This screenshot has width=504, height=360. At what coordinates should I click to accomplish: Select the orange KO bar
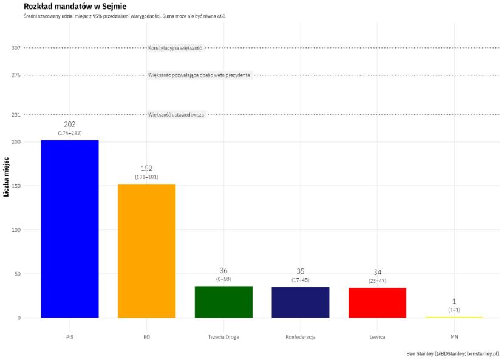146,250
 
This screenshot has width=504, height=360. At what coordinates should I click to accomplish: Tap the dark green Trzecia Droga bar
223,302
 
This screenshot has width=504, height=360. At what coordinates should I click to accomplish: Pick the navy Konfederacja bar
301,302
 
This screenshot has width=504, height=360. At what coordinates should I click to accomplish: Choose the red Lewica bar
377,302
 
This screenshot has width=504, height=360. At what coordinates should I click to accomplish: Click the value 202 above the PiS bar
70,124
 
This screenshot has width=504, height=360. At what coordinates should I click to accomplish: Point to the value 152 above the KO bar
146,168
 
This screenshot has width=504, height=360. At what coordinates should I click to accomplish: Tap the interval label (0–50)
223,279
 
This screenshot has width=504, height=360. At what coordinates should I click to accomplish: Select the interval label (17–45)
301,280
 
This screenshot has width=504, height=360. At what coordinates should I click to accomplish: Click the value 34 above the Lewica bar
377,272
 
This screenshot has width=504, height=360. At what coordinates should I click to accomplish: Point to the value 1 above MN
454,302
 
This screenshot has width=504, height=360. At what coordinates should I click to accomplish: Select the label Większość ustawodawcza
176,115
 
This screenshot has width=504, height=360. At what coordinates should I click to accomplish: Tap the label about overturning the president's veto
199,75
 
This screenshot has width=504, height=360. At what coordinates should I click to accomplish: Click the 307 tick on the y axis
16,48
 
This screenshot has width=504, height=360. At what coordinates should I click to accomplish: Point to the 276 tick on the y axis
16,75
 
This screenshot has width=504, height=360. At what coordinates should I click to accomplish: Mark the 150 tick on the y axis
16,186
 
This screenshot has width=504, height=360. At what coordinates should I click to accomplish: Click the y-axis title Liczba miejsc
6,177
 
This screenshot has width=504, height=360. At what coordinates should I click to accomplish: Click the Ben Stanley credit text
453,353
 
